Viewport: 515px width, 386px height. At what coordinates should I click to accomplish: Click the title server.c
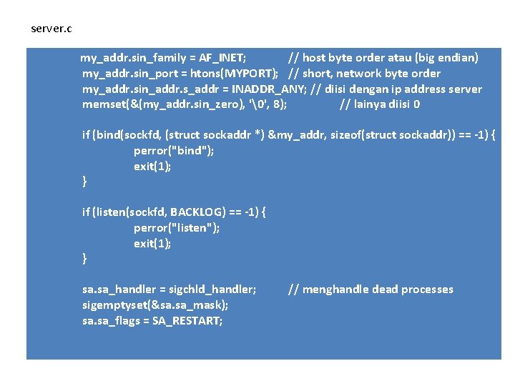[51, 29]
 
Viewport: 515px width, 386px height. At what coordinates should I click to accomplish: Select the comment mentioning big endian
[383, 58]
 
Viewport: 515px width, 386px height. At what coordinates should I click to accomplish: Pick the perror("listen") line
[177, 228]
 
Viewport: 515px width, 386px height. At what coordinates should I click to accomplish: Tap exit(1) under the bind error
[152, 167]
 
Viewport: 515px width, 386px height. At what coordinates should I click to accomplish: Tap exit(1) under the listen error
[152, 244]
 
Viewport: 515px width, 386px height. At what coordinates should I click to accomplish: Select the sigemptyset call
[155, 305]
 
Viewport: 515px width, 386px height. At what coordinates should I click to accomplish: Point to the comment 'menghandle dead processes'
[371, 289]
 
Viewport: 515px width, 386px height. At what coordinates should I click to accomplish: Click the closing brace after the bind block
[84, 182]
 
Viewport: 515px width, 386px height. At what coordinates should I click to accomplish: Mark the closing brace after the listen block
[84, 259]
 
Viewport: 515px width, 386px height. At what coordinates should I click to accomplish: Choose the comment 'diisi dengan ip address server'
[397, 89]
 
